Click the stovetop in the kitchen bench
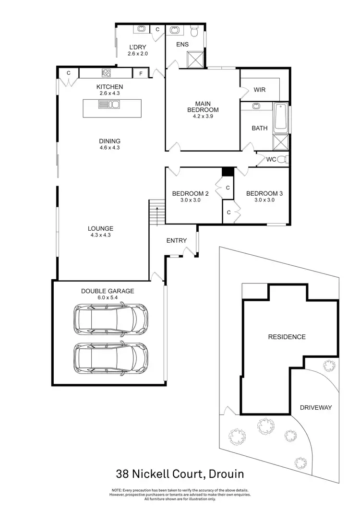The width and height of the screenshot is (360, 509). click(106, 73)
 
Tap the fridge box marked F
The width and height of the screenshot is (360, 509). click(141, 73)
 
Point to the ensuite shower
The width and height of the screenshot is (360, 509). click(195, 60)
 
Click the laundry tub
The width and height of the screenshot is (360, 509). click(142, 29)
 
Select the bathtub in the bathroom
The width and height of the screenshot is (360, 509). click(280, 118)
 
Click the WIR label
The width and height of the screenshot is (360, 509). click(260, 90)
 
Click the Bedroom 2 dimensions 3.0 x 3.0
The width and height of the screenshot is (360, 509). click(190, 201)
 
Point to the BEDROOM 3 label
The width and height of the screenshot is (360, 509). click(264, 194)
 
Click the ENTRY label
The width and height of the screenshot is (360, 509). click(176, 240)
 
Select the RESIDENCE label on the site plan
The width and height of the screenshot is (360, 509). click(287, 337)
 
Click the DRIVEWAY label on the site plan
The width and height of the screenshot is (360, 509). click(316, 407)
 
